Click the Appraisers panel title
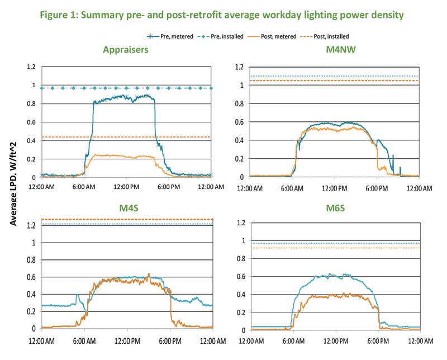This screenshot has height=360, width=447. pos(126,50)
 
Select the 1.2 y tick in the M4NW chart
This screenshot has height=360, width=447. pos(240,67)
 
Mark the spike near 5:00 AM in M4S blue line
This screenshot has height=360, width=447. pos(78,295)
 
